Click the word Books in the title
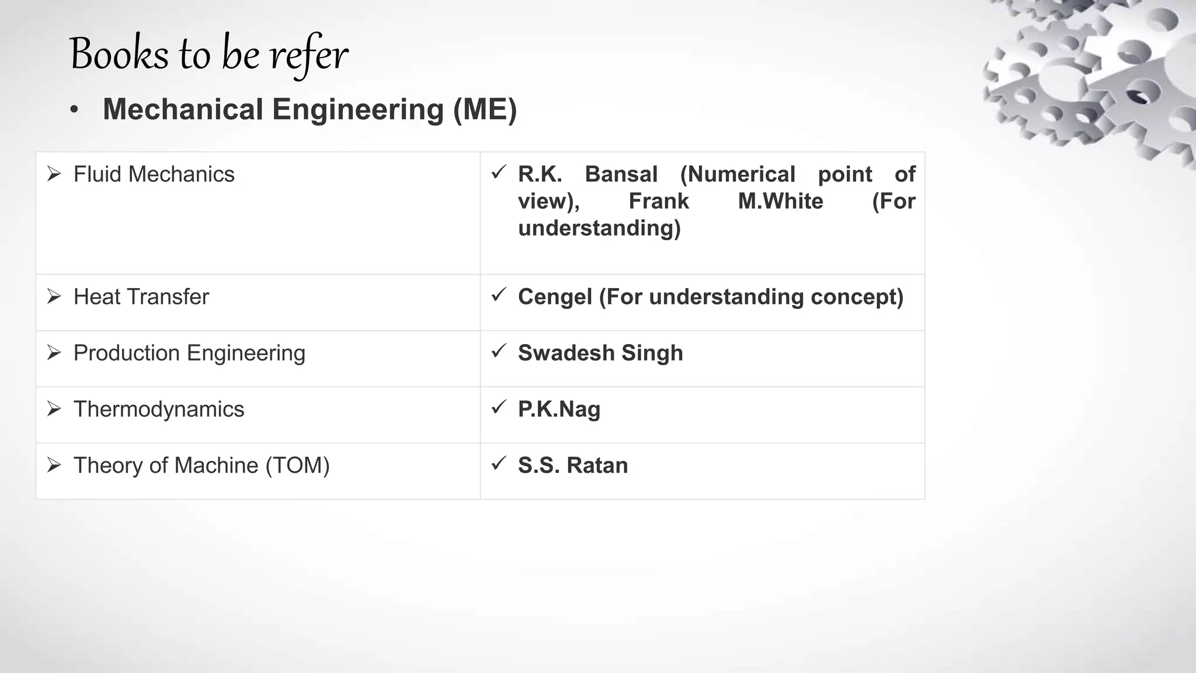[x=119, y=54]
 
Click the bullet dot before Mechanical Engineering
[x=74, y=110]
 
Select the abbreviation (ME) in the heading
[x=485, y=110]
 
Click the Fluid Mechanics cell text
[x=154, y=175]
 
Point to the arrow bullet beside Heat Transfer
[x=54, y=297]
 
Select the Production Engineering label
[x=189, y=353]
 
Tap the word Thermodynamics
[x=158, y=410]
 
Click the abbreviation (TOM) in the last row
[x=297, y=466]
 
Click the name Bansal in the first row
[x=621, y=175]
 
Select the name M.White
[x=780, y=202]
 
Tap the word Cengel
[x=555, y=297]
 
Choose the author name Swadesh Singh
[x=600, y=353]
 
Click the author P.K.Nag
[x=559, y=410]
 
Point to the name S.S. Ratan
[x=572, y=466]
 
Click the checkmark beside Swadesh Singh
[x=498, y=351]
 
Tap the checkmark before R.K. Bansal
[x=498, y=172]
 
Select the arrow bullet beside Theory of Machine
[x=54, y=466]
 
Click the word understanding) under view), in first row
[x=599, y=228]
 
